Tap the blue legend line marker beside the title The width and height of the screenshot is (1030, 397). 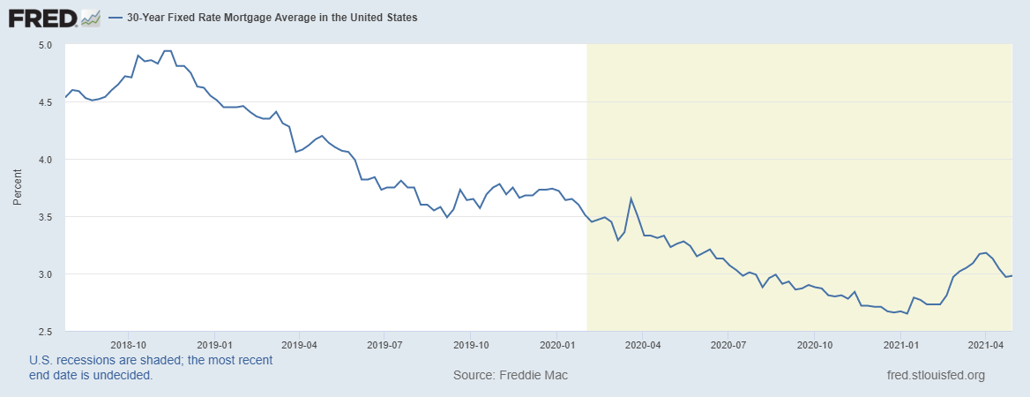(x=115, y=17)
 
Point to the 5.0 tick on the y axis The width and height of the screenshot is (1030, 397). (x=46, y=44)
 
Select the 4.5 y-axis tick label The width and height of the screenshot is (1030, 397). (x=46, y=101)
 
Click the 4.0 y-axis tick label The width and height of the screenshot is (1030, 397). (x=46, y=159)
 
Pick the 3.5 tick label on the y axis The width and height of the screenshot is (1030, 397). (x=46, y=216)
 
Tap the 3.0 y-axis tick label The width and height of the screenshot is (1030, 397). (x=46, y=273)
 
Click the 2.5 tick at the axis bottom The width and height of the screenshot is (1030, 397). (x=46, y=331)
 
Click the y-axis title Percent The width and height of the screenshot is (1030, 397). (x=17, y=188)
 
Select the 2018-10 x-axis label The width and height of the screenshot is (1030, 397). (x=129, y=344)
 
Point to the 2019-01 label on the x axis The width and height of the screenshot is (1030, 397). (x=214, y=344)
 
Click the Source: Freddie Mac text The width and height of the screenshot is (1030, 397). (x=511, y=375)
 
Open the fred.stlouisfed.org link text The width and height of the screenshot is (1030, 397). (x=936, y=375)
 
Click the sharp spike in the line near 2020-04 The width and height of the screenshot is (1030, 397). (x=631, y=198)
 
